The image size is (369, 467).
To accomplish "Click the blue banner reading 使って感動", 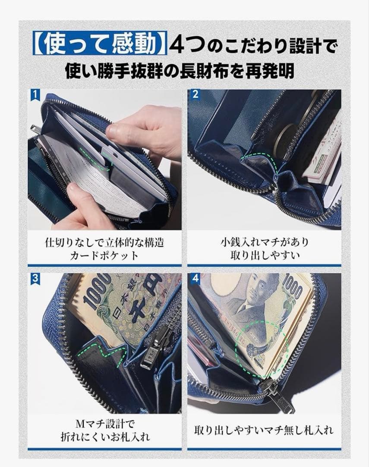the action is click(x=100, y=44).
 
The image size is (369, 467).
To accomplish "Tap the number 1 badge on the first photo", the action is click(x=35, y=95).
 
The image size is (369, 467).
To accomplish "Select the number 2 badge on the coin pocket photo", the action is click(x=195, y=95).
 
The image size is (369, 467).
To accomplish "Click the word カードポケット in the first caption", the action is click(x=104, y=256).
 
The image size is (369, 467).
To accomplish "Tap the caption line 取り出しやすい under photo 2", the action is click(x=264, y=256).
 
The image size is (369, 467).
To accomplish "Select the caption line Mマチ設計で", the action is click(x=105, y=423).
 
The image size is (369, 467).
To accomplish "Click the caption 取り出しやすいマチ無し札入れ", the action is click(x=264, y=430).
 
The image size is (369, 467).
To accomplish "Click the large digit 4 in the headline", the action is click(x=177, y=45).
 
